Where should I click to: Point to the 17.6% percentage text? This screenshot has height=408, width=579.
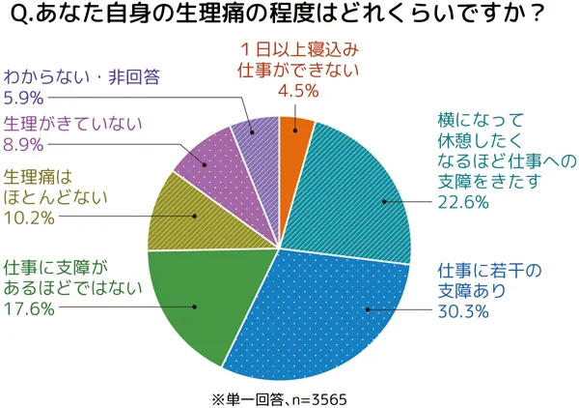coord(30,310)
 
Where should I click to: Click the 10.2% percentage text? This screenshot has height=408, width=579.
coord(30,219)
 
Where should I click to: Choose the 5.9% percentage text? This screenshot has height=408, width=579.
coord(25,97)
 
